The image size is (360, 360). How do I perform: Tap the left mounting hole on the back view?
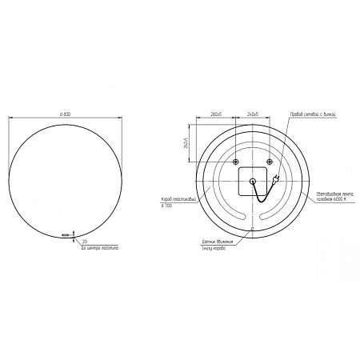[x=235, y=162]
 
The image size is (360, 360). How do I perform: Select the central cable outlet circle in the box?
[x=254, y=181]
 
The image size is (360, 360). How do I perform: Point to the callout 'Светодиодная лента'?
[x=334, y=194]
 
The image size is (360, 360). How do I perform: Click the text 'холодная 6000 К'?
[x=334, y=200]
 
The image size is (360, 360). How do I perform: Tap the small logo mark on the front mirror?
[x=64, y=234]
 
